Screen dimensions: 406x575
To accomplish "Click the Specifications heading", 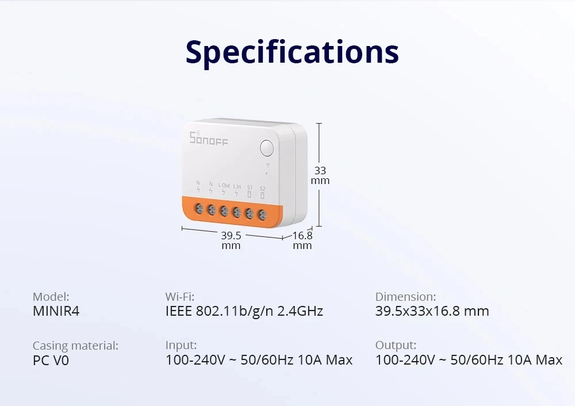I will tap(292, 52).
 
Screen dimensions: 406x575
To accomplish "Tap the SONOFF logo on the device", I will tap(209, 138).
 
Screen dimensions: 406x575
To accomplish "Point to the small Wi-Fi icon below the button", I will tap(267, 168).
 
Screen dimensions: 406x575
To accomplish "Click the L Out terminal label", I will tap(224, 186).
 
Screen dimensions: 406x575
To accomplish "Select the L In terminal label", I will tap(237, 186).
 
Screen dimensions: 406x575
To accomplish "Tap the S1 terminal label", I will tap(250, 187).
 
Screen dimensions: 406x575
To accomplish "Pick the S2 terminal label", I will tap(262, 188).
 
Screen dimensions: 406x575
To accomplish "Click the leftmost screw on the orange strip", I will tap(199, 208).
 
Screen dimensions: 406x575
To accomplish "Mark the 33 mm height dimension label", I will tap(320, 175).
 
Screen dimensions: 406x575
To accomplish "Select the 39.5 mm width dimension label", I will tap(231, 240).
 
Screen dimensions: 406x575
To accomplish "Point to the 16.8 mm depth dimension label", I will tap(302, 240).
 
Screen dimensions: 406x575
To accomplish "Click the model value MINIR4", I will tap(56, 311).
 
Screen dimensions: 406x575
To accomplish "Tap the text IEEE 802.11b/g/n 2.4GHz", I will tap(244, 311).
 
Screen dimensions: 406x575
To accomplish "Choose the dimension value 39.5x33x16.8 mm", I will tap(432, 311).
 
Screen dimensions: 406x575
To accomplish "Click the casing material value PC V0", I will tap(51, 361).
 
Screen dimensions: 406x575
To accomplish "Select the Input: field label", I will tap(181, 345).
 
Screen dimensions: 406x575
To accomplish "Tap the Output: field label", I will tap(396, 345).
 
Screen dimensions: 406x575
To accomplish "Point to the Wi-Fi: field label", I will tap(180, 297).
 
